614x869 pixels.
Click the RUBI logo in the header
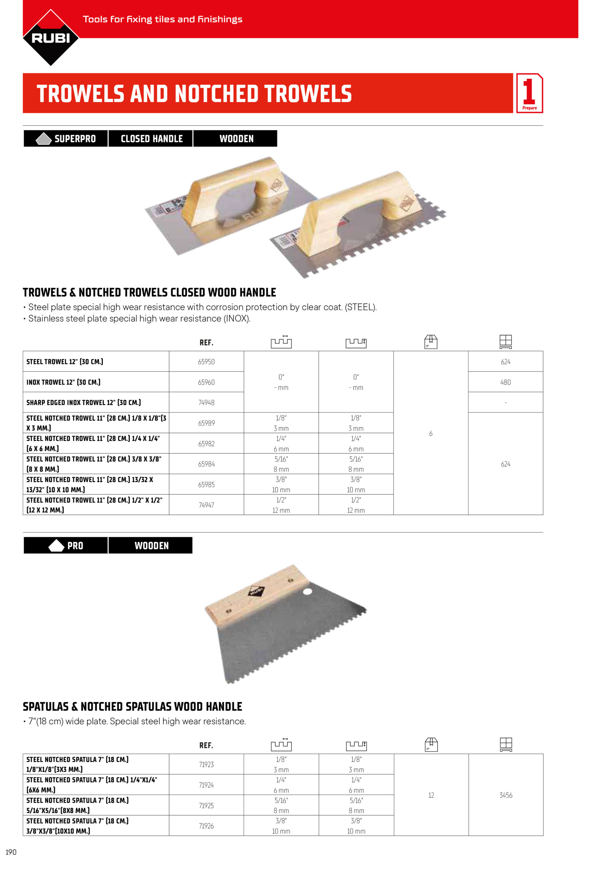coord(51,37)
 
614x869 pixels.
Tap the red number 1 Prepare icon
coord(529,93)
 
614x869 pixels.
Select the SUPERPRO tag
coord(66,138)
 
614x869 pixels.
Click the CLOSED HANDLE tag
coord(151,138)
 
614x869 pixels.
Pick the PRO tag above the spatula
coord(66,546)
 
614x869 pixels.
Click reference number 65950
coord(206,362)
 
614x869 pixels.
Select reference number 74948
coord(206,402)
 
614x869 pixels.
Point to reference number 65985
coord(206,484)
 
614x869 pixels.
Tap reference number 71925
coord(206,806)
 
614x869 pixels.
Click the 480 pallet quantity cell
coord(505,382)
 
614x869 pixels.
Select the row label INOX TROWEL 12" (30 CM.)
coord(63,382)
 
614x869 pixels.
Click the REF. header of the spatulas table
coord(206,745)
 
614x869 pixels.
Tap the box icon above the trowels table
coord(430,341)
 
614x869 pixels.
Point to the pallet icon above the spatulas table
coord(506,744)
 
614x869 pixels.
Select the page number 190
coord(11,852)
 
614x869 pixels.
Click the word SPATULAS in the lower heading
coord(46,707)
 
